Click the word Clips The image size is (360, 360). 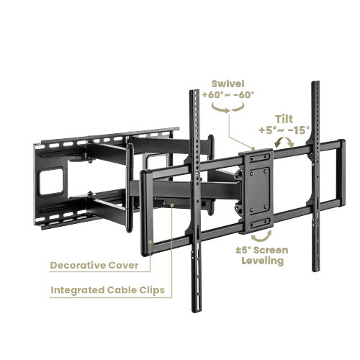[x=150, y=292]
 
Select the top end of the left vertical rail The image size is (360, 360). [x=194, y=93]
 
